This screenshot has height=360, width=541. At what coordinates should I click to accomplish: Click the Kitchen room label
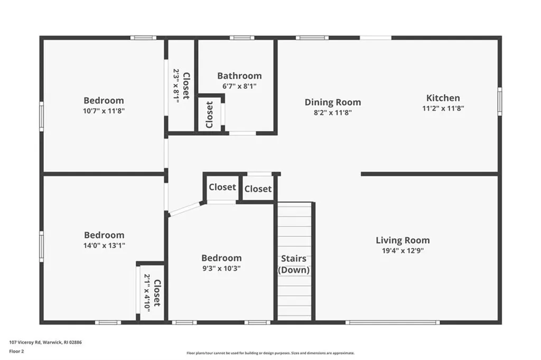tap(443, 98)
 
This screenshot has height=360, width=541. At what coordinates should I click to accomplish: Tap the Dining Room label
tap(333, 102)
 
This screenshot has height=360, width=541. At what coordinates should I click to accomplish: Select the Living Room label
tap(403, 240)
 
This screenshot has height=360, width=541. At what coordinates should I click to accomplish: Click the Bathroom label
tap(239, 76)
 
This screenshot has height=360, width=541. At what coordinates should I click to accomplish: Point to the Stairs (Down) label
tap(294, 264)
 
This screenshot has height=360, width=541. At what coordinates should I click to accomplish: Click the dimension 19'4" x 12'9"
tap(403, 251)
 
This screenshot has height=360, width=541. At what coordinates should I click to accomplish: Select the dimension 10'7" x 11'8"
tap(104, 110)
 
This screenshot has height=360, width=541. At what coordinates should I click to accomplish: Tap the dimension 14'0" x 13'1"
tap(104, 245)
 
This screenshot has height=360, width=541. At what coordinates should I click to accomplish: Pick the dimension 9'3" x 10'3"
tap(221, 268)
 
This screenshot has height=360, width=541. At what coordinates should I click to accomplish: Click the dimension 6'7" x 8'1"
tap(239, 86)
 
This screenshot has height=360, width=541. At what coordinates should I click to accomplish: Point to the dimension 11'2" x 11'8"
tap(443, 108)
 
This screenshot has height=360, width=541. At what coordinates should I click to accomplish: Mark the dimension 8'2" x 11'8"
tap(333, 112)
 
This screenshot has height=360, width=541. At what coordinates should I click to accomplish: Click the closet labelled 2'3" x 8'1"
tap(181, 86)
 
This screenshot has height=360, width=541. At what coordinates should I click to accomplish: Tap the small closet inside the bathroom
tap(210, 114)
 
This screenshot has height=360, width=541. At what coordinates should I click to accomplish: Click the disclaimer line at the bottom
tap(270, 353)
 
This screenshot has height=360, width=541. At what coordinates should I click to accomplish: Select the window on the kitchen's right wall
tap(499, 101)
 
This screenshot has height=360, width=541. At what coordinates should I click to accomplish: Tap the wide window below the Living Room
tap(393, 322)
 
